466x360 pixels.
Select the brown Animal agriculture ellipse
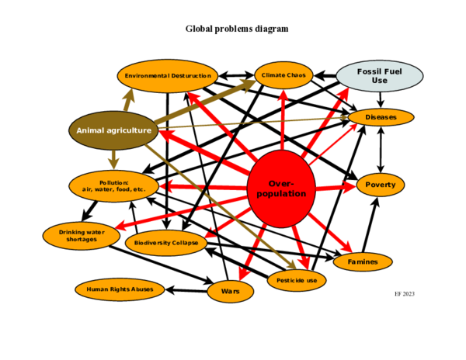pyautogui.click(x=113, y=130)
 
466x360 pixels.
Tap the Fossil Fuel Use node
pyautogui.click(x=380, y=76)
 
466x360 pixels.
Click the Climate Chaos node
pyautogui.click(x=283, y=75)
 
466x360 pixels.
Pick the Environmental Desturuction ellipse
pyautogui.click(x=168, y=76)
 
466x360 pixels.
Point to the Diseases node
pyautogui.click(x=381, y=117)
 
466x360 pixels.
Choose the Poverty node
pyautogui.click(x=381, y=185)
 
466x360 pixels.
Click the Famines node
pyautogui.click(x=362, y=262)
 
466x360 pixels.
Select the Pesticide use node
pyautogui.click(x=296, y=279)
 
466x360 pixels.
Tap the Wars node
pyautogui.click(x=231, y=292)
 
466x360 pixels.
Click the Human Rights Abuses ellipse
pyautogui.click(x=119, y=290)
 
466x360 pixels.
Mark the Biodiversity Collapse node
pyautogui.click(x=166, y=243)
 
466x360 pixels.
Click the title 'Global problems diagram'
pyautogui.click(x=236, y=29)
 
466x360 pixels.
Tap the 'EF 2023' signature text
pyautogui.click(x=405, y=294)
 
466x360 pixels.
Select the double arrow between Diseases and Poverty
pyautogui.click(x=381, y=151)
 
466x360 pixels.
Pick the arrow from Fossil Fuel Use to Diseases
pyautogui.click(x=380, y=99)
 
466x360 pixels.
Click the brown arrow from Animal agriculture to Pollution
pyautogui.click(x=113, y=157)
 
